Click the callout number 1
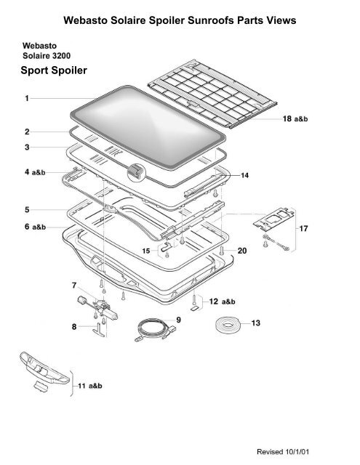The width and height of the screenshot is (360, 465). click(27, 98)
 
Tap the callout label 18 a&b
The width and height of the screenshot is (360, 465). click(295, 119)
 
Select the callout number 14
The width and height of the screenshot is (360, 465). click(244, 176)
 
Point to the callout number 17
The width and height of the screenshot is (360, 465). click(303, 229)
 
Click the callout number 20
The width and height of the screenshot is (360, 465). click(242, 251)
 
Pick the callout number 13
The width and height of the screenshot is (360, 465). click(255, 323)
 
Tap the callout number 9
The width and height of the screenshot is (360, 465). click(178, 320)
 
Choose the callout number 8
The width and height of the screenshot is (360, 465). click(74, 327)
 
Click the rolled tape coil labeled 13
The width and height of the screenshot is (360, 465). click(228, 325)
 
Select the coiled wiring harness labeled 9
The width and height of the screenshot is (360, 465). click(155, 329)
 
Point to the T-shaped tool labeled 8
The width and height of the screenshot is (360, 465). click(99, 330)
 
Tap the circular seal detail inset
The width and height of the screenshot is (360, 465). click(136, 172)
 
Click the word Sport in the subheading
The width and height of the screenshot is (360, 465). click(34, 70)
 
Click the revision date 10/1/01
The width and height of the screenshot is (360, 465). click(297, 452)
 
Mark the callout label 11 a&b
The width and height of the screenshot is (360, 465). click(90, 386)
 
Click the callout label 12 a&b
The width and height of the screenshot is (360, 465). click(222, 302)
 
